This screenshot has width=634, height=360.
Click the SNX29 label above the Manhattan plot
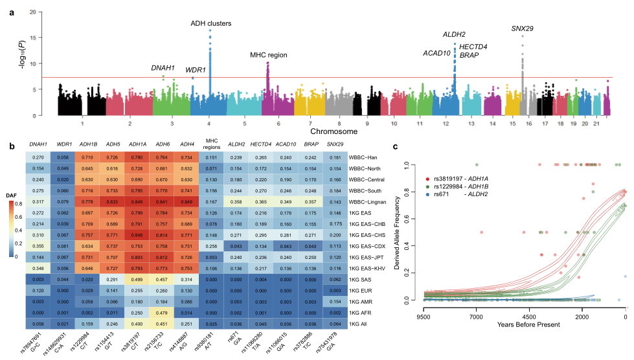pyautogui.click(x=523, y=28)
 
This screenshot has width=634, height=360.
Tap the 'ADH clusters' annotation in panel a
pyautogui.click(x=210, y=23)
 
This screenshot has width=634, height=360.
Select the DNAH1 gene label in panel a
pyautogui.click(x=163, y=68)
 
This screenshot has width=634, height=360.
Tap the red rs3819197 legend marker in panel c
pyautogui.click(x=428, y=177)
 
